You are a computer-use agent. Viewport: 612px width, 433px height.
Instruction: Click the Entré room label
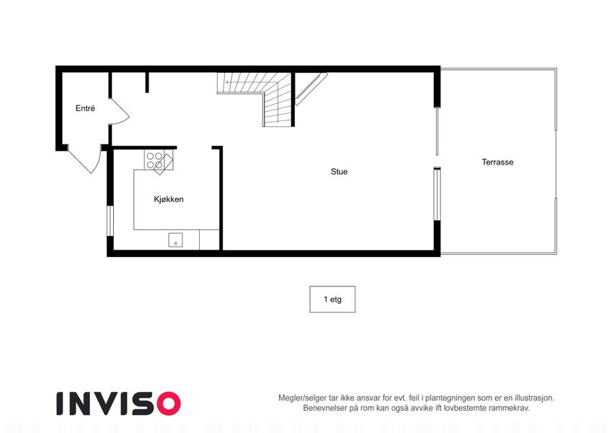(85, 108)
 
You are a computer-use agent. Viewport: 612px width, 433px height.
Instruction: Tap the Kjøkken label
(169, 199)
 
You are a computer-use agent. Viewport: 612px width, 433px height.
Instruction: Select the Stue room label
(340, 172)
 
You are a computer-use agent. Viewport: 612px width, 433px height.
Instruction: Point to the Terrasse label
(497, 162)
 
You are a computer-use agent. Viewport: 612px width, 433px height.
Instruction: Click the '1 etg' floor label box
(332, 299)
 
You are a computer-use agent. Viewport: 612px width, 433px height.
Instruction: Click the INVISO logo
(119, 403)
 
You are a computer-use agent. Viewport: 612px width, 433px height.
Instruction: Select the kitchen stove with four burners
(159, 159)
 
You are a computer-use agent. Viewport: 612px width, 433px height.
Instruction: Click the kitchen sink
(176, 240)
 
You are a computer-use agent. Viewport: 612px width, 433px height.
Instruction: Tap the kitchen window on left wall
(110, 221)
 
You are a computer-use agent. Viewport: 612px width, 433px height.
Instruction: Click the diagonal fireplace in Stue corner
(311, 89)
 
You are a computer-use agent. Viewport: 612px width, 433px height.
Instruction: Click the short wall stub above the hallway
(147, 82)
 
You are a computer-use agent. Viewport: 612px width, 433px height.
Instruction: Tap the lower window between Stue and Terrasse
(437, 194)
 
